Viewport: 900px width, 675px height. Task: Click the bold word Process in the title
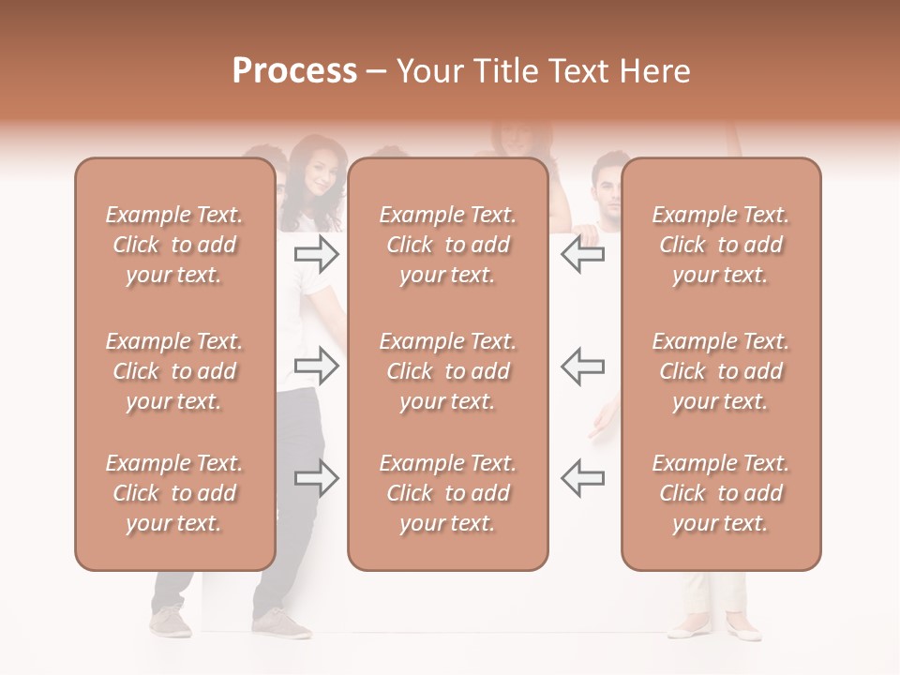point(294,71)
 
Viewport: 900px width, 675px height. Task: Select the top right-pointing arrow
point(317,253)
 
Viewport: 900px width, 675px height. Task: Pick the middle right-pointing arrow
point(317,366)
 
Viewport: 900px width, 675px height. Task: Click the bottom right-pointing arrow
point(317,478)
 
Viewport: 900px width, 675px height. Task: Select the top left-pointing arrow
point(582,253)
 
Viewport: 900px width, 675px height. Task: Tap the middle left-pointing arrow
point(582,366)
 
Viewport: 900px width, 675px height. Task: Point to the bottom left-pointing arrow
point(582,478)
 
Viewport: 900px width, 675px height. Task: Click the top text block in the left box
point(174,245)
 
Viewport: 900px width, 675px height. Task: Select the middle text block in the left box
point(174,371)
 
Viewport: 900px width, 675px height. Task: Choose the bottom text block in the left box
point(174,493)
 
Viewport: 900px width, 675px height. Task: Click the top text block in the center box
point(448,245)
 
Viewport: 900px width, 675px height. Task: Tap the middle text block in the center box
point(448,371)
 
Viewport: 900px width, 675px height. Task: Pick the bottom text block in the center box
point(448,493)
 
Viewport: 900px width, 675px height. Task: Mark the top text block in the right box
point(721,245)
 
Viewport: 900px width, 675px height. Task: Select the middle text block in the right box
point(721,371)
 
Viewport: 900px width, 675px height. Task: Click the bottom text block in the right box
point(721,493)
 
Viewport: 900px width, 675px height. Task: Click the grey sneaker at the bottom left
point(171,621)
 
